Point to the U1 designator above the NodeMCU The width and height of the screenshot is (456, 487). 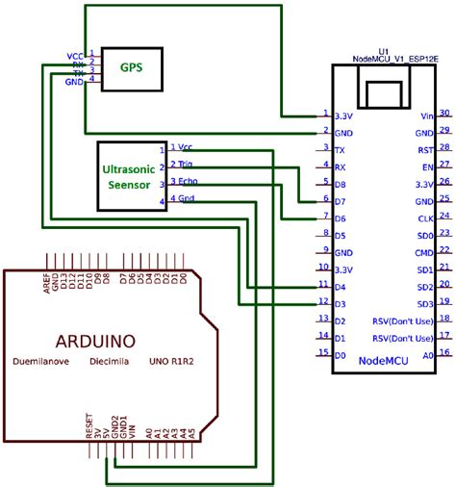[x=382, y=49]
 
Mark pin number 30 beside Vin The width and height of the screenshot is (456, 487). [x=444, y=113]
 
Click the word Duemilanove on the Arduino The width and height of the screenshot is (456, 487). [x=44, y=363]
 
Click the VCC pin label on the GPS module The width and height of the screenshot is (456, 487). [x=75, y=56]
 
